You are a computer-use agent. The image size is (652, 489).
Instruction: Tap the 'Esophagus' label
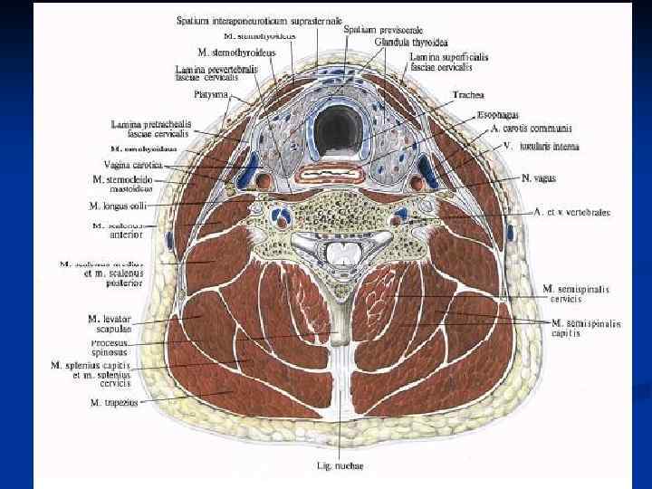coord(497,116)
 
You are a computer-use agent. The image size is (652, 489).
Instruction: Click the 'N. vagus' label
coord(538,178)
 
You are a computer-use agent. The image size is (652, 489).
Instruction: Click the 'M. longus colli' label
coord(119,206)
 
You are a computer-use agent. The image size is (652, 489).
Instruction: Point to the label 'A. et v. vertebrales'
coord(571,212)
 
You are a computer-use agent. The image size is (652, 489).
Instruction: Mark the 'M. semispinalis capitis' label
coord(586,328)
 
